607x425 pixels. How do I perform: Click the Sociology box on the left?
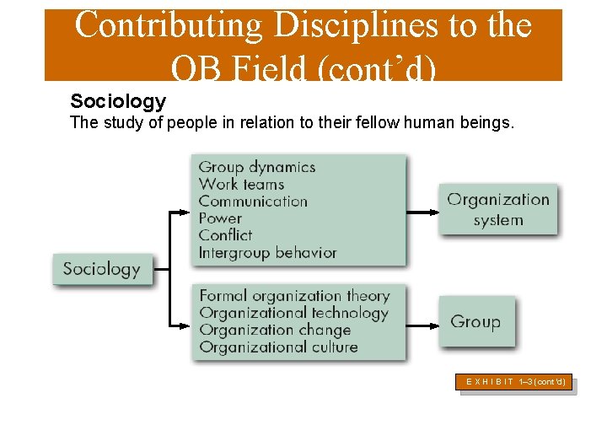point(101,270)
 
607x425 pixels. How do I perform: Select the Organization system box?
point(497,210)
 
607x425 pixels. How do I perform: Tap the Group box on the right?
point(475,321)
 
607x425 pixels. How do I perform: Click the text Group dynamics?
point(256,167)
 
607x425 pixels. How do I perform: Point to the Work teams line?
point(241,184)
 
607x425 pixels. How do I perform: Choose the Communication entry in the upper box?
point(253,202)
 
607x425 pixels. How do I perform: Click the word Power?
point(220,218)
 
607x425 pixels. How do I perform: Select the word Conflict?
point(225,235)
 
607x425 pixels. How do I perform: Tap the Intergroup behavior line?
point(267,253)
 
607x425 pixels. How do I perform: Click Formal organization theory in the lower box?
point(294,296)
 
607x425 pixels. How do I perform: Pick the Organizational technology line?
point(293,313)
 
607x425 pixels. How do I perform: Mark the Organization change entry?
point(275,330)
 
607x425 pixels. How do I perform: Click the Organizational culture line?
point(278,347)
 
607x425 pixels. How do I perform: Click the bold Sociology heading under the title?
point(118,102)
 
